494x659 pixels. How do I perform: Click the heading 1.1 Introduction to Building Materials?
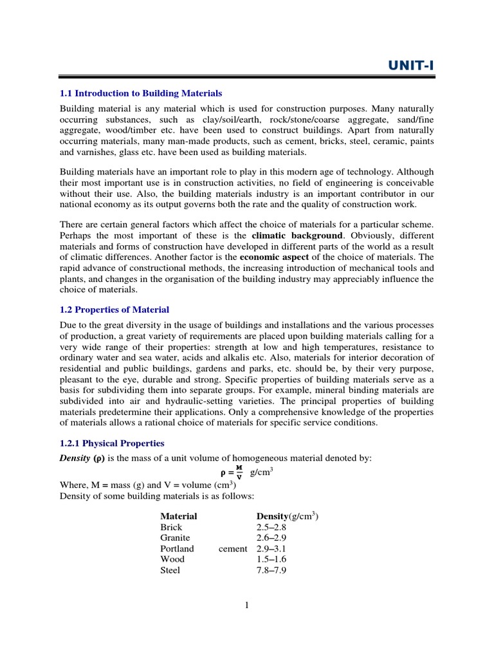(x=141, y=93)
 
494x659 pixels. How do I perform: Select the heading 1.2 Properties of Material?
(x=114, y=310)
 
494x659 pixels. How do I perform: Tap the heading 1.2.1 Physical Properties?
(x=112, y=443)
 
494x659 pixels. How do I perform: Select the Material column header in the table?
(x=178, y=516)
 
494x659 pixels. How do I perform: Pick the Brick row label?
(x=171, y=527)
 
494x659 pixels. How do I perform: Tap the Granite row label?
(x=175, y=538)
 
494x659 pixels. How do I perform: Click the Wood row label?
(x=171, y=559)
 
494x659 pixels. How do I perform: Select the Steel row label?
(x=170, y=570)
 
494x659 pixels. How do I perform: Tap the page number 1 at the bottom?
(x=246, y=604)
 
